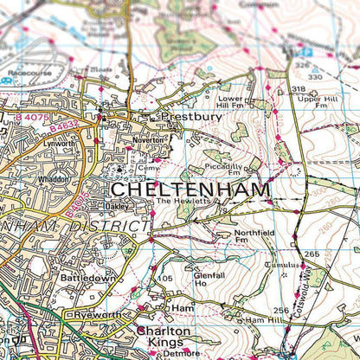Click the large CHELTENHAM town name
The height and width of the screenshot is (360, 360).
coord(190,189)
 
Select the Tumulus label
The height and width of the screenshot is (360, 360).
coord(284,265)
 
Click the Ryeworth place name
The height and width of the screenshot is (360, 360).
coord(94,315)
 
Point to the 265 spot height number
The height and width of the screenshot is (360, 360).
coord(312,254)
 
